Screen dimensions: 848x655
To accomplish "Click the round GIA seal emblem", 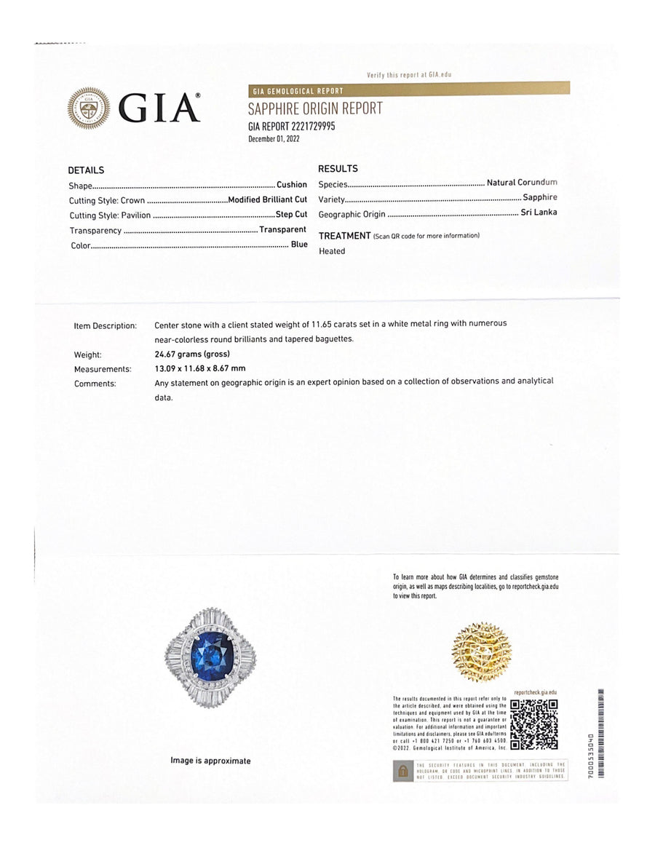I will coord(89,108).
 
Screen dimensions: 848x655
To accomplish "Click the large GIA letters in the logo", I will coord(159,109).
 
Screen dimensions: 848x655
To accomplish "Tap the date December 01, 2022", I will coord(274,138).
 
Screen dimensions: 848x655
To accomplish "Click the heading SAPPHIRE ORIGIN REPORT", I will coord(315,109).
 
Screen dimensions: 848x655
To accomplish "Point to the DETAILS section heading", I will coord(86,170).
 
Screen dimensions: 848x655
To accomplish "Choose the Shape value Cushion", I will coord(291,185).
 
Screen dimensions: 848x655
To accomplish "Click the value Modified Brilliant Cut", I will coord(267,199).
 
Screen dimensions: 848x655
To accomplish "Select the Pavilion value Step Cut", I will coord(291,215).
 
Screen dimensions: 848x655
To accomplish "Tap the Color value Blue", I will coord(298,245).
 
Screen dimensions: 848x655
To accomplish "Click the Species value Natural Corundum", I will coord(521,183).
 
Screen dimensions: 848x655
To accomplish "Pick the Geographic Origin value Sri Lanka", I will coord(539,213).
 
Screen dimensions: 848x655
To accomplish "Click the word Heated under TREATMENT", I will coord(332,251).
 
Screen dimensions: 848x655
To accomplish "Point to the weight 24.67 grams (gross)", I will coord(192,354).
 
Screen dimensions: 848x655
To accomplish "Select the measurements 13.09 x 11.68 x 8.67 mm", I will coord(200,369).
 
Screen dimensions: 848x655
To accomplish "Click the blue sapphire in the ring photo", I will coord(210,654).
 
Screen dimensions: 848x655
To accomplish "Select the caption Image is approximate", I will coord(210,761).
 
